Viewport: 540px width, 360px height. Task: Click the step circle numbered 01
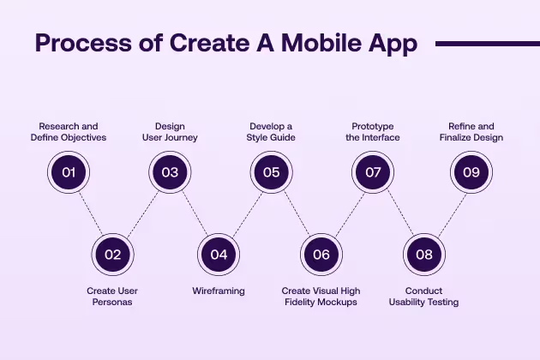coord(69,172)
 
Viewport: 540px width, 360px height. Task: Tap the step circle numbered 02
coord(112,254)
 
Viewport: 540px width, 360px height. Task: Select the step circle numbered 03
coord(170,172)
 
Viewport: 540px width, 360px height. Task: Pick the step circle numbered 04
coord(219,254)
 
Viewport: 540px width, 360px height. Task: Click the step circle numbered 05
coord(271,172)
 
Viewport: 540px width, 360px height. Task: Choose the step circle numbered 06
coord(321,254)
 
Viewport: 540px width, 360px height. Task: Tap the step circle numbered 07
coord(373,172)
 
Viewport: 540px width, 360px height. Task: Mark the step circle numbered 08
coord(423,254)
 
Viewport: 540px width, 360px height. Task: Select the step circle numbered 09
coord(471,172)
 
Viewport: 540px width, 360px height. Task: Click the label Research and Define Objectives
coord(69,131)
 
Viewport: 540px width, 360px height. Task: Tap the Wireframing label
coord(219,291)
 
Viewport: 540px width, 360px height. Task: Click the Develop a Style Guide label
coord(271,131)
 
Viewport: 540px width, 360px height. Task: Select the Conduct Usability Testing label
coord(423,297)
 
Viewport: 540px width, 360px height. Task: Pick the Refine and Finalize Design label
coord(471,131)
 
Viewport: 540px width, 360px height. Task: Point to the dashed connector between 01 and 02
coord(91,213)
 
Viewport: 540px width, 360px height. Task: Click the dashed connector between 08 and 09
coord(447,213)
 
